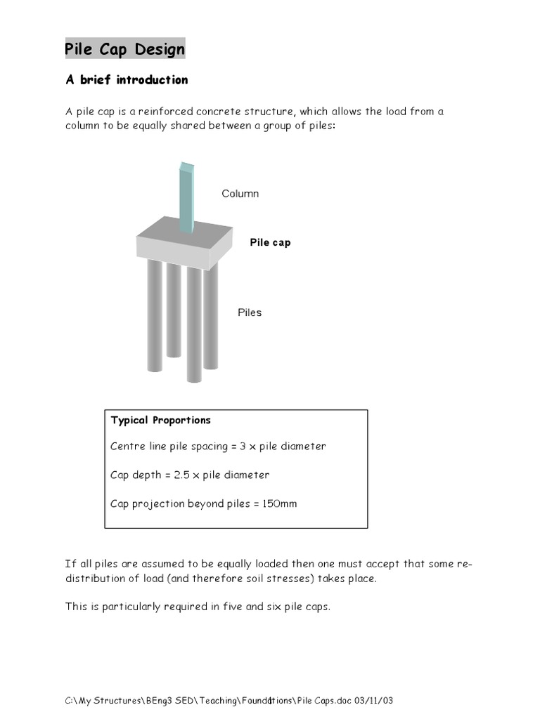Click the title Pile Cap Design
click(125, 49)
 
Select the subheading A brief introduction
click(127, 80)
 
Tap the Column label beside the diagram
click(240, 194)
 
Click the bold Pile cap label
click(270, 242)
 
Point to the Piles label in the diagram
click(249, 312)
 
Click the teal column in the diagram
click(186, 197)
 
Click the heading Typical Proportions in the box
click(160, 421)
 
